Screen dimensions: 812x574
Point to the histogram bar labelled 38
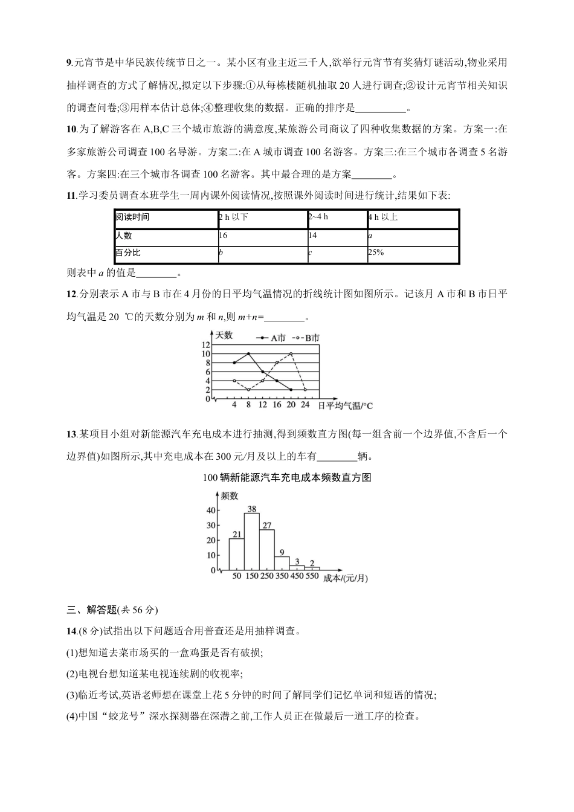point(252,541)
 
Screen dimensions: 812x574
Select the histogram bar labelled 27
point(266,550)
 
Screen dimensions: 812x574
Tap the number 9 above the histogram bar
point(282,552)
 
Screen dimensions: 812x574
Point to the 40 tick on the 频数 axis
point(211,510)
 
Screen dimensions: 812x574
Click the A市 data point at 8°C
point(248,353)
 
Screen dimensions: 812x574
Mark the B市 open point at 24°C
point(305,390)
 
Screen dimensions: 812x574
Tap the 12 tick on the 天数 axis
point(206,344)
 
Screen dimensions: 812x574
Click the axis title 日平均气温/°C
point(345,406)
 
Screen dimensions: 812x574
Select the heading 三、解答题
point(90,609)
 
